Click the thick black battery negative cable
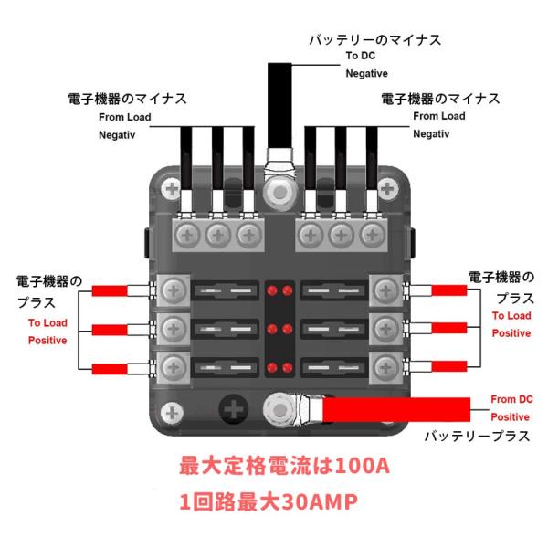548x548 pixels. click(x=279, y=106)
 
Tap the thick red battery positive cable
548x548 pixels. click(x=396, y=409)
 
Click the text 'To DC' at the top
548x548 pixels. click(x=361, y=56)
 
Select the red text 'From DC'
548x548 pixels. click(x=511, y=399)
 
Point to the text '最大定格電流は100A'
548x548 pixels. click(x=284, y=466)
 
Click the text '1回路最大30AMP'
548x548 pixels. click(x=269, y=501)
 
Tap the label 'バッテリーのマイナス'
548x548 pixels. click(x=375, y=40)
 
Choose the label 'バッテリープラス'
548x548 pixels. click(x=477, y=437)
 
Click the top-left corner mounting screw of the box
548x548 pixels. click(x=172, y=189)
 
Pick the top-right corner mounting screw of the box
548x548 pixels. click(x=387, y=189)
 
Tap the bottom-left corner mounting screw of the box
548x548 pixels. click(x=172, y=413)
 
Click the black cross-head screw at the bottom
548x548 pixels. click(x=234, y=409)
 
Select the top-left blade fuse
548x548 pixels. click(x=226, y=290)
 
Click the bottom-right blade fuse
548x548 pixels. click(x=333, y=367)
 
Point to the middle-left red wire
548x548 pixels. click(x=110, y=330)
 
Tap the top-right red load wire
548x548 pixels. click(x=449, y=290)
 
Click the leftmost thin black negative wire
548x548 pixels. click(x=186, y=158)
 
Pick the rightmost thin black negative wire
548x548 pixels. click(x=372, y=158)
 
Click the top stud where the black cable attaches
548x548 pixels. click(x=279, y=192)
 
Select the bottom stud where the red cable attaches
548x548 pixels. click(x=279, y=409)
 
